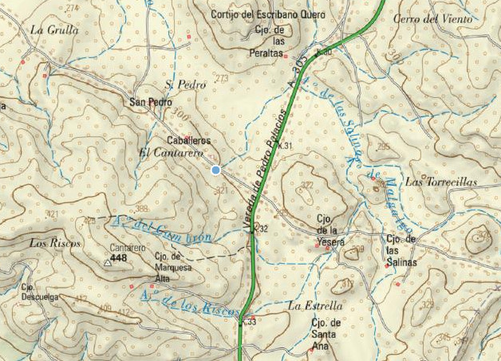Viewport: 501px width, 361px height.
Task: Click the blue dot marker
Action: pos(215,170)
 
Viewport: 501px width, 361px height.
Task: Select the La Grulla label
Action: pos(53,29)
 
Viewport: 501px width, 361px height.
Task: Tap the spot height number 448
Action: pos(119,258)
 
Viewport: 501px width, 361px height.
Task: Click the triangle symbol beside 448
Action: pos(107,261)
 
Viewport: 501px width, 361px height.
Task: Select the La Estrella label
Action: pos(315,305)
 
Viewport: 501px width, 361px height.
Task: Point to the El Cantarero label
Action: pos(171,152)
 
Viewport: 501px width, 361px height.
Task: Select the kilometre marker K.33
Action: pos(250,322)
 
